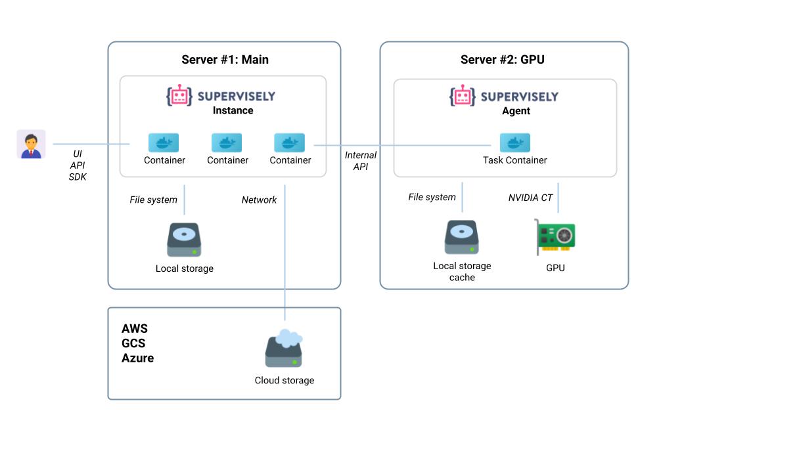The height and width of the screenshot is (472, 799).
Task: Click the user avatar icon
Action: point(31,144)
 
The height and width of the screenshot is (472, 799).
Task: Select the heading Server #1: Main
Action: point(225,60)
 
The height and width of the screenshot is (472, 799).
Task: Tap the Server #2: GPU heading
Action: point(502,60)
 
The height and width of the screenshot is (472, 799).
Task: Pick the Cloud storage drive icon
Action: point(284,349)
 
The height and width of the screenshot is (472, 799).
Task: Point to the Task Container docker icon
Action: point(514,142)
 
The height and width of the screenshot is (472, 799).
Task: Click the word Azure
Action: point(137,358)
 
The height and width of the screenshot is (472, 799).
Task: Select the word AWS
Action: point(135,328)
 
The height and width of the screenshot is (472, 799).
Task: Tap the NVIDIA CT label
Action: point(530,197)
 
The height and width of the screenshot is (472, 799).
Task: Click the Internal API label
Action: point(361,161)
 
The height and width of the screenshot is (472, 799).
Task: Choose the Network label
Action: point(259,200)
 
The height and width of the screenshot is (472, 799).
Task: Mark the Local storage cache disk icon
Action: point(461,238)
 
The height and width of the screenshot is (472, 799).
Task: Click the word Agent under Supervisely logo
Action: point(516,111)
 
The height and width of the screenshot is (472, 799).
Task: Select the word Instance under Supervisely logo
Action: point(233,110)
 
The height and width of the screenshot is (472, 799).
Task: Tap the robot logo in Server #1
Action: point(179,96)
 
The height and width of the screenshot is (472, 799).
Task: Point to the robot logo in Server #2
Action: point(462,96)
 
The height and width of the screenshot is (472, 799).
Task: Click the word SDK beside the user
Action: point(78,177)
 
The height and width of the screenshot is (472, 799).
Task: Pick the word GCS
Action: point(133,343)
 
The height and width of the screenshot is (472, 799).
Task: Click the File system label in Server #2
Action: point(432,197)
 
